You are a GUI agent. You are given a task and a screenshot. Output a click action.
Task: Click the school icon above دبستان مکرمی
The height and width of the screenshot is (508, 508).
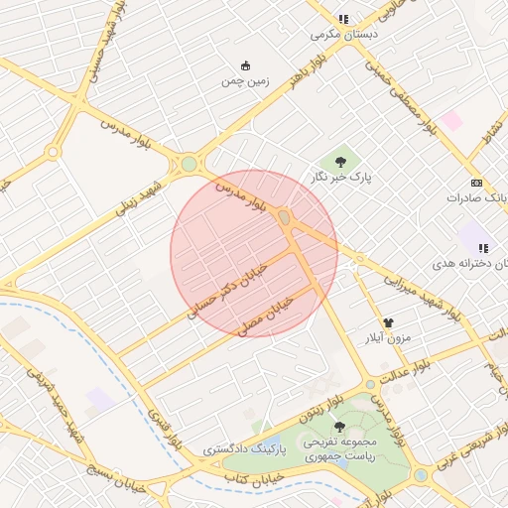343,19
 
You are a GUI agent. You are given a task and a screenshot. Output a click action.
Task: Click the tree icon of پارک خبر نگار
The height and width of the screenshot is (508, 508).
340,159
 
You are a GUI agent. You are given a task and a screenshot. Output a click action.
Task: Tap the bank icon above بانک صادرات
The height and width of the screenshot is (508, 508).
476,184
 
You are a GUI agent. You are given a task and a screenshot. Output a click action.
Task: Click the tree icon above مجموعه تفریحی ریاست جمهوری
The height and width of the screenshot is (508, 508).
340,427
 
